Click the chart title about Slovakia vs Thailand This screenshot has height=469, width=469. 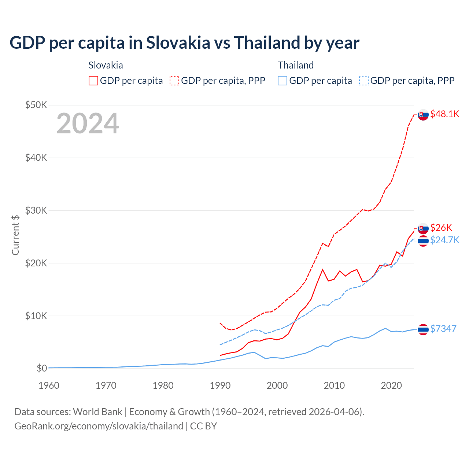click(x=184, y=43)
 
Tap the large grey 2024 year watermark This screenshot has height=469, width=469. click(x=88, y=123)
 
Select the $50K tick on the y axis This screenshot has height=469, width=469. click(x=36, y=105)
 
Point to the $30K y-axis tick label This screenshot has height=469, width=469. click(x=36, y=210)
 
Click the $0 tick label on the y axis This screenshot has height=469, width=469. click(x=42, y=368)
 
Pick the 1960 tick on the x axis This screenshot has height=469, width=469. click(x=49, y=385)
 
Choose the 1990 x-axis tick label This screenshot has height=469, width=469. click(x=220, y=385)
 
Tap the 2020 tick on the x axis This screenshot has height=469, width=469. click(x=391, y=385)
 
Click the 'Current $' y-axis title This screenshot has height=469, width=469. click(x=15, y=235)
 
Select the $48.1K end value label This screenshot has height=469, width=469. click(x=444, y=114)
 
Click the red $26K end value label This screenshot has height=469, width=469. click(x=441, y=228)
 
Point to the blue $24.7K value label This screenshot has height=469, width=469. click(x=444, y=240)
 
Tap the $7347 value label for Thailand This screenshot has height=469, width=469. click(x=443, y=329)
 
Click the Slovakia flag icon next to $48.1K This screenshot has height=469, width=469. click(x=423, y=115)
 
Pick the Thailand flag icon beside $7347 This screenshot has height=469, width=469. click(x=423, y=329)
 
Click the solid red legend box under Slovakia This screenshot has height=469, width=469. click(x=93, y=81)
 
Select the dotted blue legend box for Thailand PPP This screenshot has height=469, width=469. click(x=364, y=81)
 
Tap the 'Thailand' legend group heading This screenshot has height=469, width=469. click(x=296, y=65)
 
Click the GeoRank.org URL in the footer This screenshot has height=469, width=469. click(x=99, y=426)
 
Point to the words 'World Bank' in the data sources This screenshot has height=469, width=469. click(x=97, y=412)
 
